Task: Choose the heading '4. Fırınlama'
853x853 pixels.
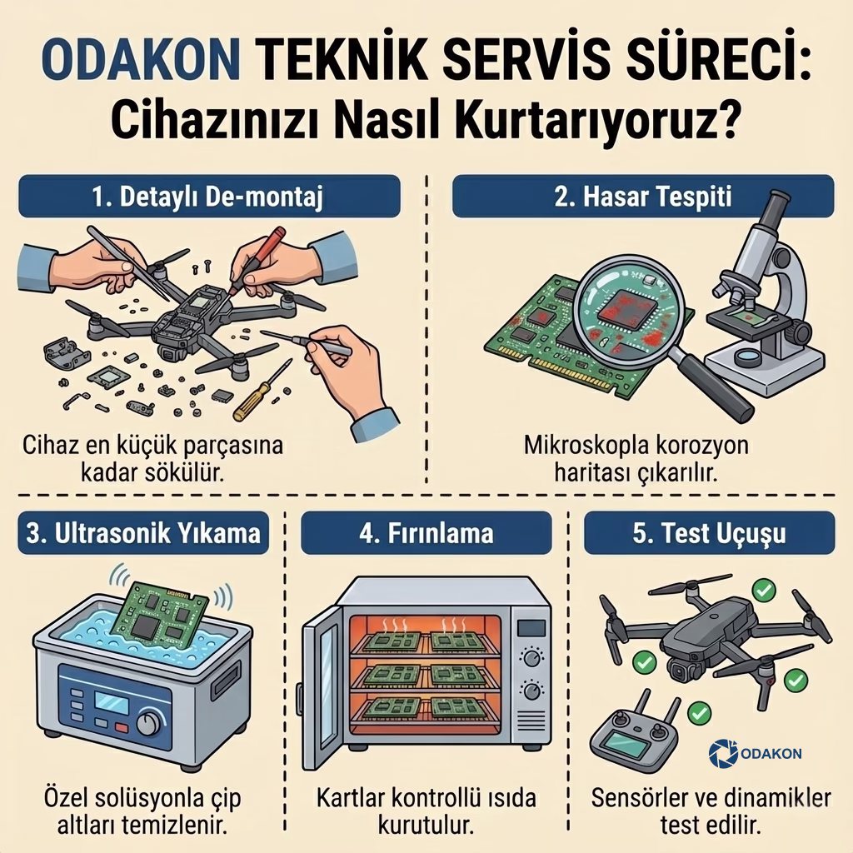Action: click(426, 533)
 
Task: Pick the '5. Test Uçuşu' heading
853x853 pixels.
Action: click(708, 533)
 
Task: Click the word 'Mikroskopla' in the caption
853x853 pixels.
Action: click(572, 446)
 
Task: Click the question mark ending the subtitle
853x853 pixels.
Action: click(723, 123)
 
